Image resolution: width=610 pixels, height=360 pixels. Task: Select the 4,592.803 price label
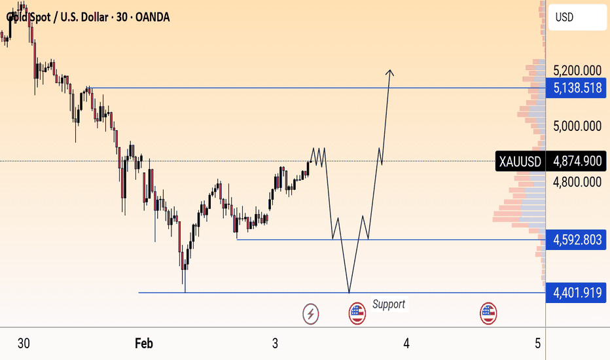577,239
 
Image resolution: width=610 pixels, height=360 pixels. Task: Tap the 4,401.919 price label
577,293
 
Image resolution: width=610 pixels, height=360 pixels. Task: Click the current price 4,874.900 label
577,161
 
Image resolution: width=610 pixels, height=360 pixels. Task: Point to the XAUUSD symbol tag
520,161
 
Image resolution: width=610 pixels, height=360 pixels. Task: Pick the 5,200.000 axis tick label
577,71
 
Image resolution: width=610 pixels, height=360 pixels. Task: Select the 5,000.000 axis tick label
577,126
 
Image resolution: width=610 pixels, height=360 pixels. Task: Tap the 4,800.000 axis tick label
577,182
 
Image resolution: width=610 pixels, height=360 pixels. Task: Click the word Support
389,304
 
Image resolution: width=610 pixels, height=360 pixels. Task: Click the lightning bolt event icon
311,314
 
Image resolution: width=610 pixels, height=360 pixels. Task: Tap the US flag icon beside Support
357,314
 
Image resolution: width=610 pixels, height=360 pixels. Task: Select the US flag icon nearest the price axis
488,314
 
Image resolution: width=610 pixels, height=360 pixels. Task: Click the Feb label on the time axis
144,343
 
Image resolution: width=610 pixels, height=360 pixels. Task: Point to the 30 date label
24,343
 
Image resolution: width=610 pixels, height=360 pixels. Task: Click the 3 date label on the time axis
276,343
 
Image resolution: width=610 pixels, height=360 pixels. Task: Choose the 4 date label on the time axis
406,343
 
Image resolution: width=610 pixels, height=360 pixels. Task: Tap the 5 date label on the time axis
537,343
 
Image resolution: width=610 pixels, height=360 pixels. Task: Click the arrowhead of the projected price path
390,71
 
